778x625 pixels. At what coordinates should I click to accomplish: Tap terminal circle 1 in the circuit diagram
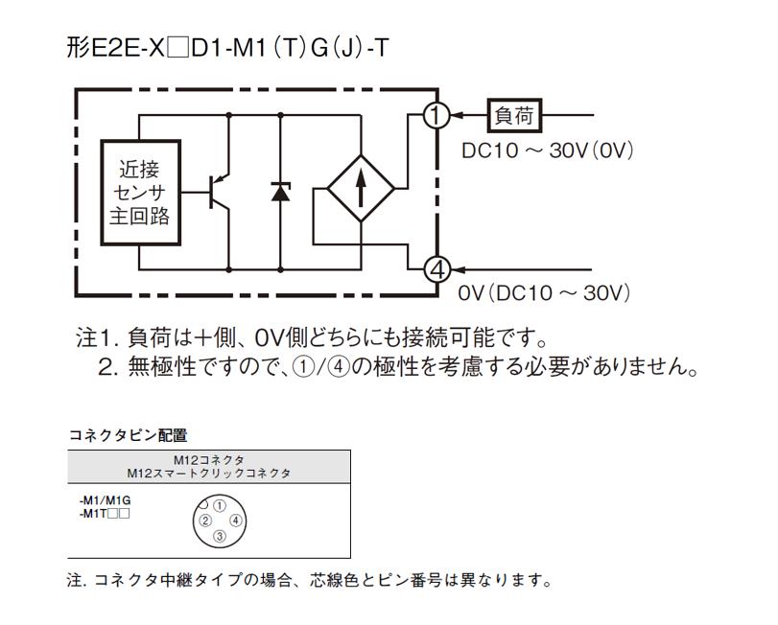436,116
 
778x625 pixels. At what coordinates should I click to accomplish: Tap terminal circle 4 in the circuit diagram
436,269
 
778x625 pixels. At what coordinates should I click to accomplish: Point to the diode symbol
280,191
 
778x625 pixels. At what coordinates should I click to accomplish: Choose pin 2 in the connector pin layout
204,521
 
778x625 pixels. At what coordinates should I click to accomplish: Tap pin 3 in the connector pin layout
219,537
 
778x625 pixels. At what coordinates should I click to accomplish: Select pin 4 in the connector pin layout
235,521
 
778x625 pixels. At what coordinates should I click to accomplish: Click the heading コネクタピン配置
128,435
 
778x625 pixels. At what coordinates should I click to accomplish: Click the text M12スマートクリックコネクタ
209,473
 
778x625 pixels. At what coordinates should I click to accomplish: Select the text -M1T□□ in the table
105,514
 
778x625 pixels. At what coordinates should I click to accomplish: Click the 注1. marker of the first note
97,339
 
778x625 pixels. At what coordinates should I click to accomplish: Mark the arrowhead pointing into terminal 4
458,269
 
